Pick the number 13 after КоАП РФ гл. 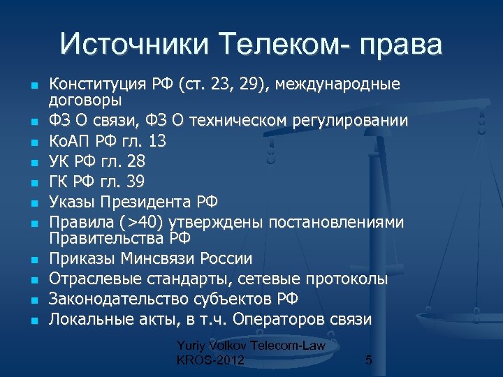click(157, 141)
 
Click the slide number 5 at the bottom click(369, 360)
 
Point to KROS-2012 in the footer click(211, 360)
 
